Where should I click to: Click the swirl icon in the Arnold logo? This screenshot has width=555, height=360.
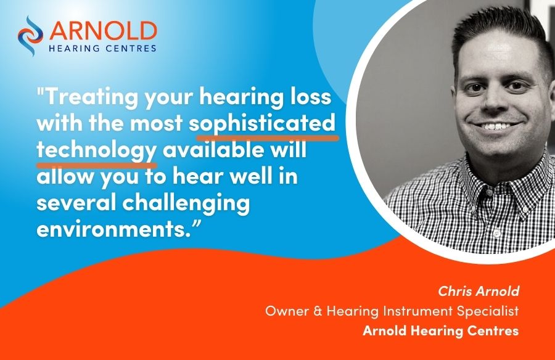pyautogui.click(x=30, y=36)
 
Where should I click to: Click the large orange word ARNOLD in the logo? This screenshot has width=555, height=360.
pyautogui.click(x=103, y=31)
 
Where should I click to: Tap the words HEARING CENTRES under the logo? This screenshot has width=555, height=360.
pyautogui.click(x=102, y=48)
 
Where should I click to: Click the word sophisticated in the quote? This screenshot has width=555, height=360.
pyautogui.click(x=262, y=123)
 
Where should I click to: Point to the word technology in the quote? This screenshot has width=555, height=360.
pyautogui.click(x=96, y=150)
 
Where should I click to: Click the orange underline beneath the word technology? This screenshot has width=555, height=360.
pyautogui.click(x=96, y=165)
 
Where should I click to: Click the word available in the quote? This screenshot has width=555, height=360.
pyautogui.click(x=213, y=150)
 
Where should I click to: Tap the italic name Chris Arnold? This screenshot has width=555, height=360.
pyautogui.click(x=479, y=291)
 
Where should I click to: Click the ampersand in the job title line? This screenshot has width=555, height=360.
pyautogui.click(x=318, y=311)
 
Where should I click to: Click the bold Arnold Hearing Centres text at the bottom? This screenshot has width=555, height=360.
pyautogui.click(x=441, y=330)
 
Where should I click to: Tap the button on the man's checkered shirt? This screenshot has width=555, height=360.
pyautogui.click(x=497, y=233)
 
